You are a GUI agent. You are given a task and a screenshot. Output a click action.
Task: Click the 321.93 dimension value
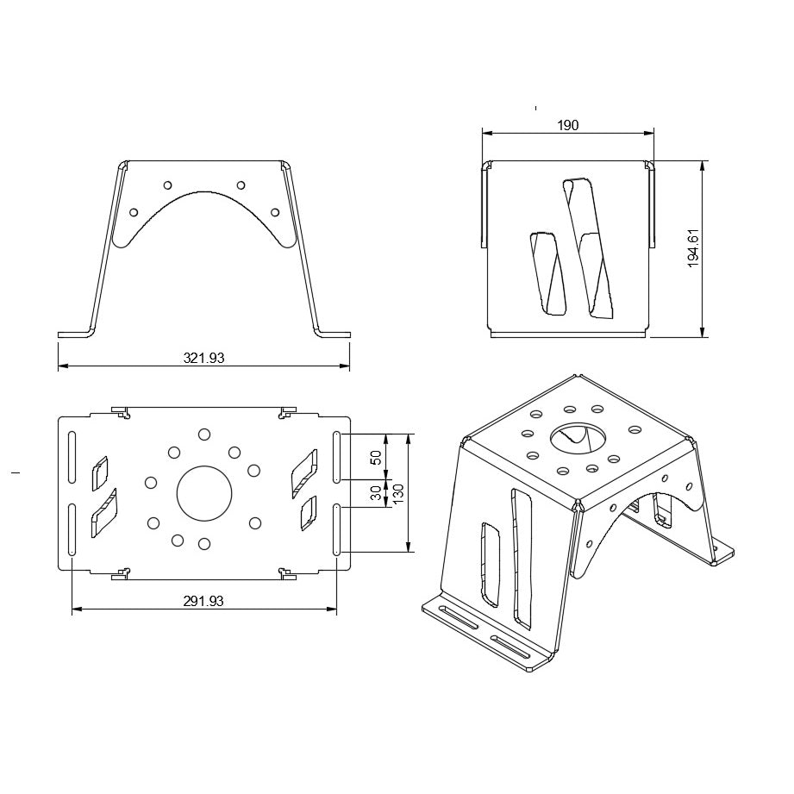(203, 358)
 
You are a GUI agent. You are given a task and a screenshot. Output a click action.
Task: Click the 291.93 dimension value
(203, 601)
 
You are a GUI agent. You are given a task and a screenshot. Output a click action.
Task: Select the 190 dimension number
(567, 125)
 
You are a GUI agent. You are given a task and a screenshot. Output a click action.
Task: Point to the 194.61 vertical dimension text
(693, 247)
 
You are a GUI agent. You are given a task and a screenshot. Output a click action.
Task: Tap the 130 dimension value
(398, 494)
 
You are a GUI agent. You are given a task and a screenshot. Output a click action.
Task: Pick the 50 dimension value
(376, 457)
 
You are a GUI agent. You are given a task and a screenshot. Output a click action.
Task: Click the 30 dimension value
(376, 493)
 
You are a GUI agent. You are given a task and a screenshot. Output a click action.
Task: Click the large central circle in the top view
(204, 493)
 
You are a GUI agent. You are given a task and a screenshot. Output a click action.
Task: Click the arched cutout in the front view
(204, 226)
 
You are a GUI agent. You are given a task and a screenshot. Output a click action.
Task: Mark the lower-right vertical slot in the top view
(337, 530)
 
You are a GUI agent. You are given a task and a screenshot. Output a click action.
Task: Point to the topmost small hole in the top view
(204, 435)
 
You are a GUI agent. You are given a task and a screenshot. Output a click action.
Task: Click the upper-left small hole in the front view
(168, 184)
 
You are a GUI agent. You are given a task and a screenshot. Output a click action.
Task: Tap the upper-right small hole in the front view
(241, 184)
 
